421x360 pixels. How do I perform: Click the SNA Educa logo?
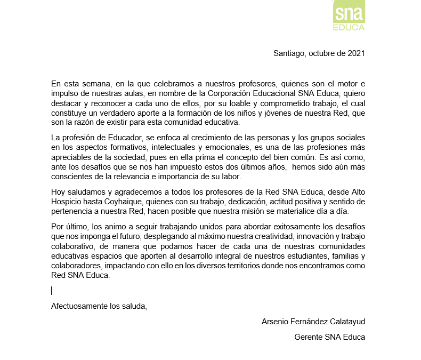click(349, 15)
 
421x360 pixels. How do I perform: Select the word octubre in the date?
click(322, 53)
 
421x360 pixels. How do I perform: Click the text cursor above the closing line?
click(52, 291)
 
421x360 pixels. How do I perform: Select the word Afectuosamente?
click(79, 306)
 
